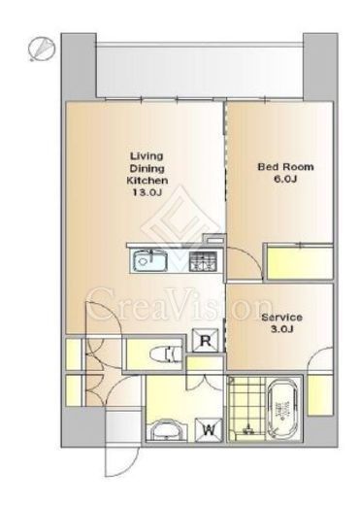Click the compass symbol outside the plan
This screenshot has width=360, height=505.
click(42, 49)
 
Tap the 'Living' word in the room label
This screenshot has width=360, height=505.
click(147, 156)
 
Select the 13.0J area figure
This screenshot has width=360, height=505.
click(147, 192)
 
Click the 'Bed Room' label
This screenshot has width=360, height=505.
click(285, 167)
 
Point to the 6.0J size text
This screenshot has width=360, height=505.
click(285, 179)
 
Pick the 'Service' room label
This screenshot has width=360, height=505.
click(281, 318)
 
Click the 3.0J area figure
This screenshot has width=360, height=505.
click(281, 329)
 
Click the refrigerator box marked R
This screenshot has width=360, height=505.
click(206, 340)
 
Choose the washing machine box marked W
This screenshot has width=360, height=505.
click(209, 430)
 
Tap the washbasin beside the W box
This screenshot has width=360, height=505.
click(168, 430)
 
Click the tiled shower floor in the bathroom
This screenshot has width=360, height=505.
click(246, 408)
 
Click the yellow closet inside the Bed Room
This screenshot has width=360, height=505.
click(300, 262)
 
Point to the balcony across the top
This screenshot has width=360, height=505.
click(200, 70)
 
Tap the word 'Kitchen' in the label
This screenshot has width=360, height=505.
click(147, 181)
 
